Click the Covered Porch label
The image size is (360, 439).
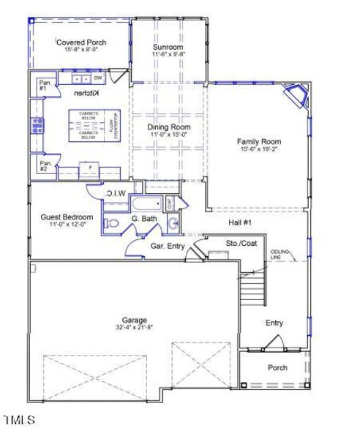(81, 42)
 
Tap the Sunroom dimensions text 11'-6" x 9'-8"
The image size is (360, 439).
(169, 54)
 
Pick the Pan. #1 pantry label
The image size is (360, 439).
(45, 85)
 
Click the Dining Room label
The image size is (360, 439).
(169, 127)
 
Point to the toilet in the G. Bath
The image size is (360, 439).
(110, 223)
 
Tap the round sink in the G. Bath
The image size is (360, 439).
(172, 223)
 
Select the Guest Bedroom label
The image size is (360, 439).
(67, 217)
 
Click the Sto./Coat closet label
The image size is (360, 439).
(241, 244)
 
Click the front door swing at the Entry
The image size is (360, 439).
(274, 340)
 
